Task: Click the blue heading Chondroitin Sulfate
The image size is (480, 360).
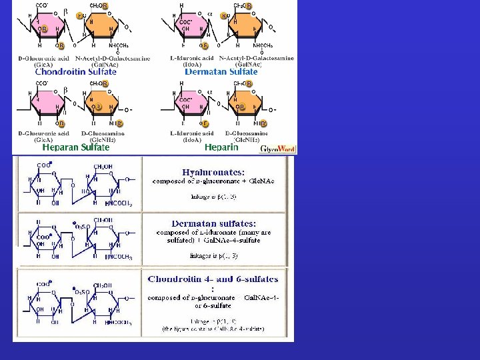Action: pos(75,71)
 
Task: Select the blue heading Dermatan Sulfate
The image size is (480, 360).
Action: pos(221,71)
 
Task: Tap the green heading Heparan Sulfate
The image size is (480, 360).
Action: pos(67,147)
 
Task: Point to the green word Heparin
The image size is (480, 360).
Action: pos(221,147)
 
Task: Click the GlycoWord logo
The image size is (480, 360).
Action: pos(277,149)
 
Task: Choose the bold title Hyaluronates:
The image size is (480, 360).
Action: pos(217,171)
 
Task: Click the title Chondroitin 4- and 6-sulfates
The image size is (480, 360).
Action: pos(213,279)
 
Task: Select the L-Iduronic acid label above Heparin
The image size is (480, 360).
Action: pos(191,133)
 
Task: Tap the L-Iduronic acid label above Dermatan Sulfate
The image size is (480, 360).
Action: pos(191,58)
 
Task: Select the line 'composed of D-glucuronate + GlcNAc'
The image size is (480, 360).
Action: pos(214,181)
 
